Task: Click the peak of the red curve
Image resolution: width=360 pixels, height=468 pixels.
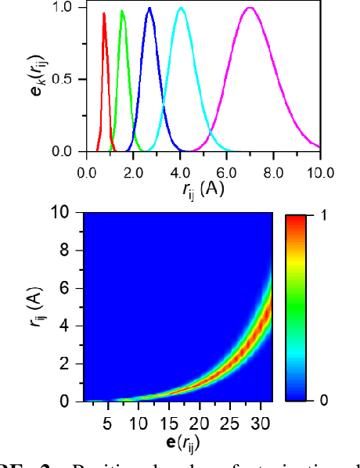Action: (104, 13)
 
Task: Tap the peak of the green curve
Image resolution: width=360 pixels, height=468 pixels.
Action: (122, 12)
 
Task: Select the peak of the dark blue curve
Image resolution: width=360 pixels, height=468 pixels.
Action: (149, 9)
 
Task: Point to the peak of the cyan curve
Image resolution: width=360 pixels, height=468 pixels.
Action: (181, 9)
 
